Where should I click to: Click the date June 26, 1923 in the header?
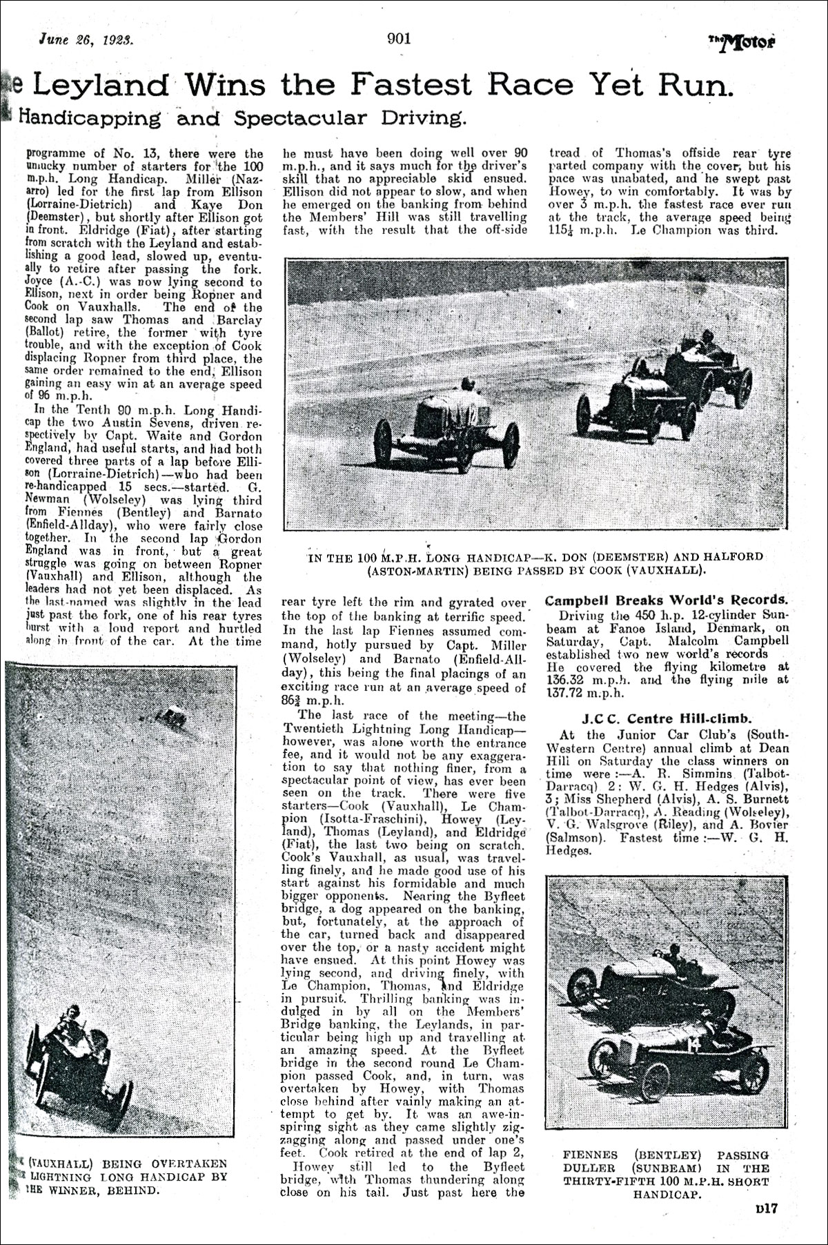point(86,40)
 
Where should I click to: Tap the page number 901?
point(399,39)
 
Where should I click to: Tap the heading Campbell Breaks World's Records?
point(666,600)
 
